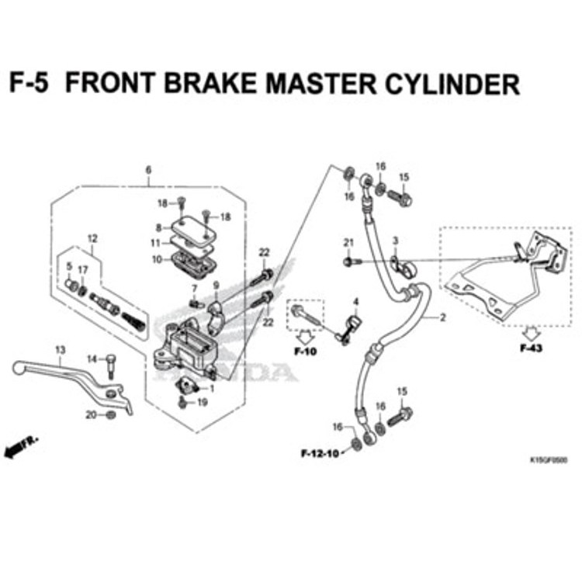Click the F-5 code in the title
29,83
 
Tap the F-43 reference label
531,348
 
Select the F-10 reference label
306,352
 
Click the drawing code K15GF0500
548,459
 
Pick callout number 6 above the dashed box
149,170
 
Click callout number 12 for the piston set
92,238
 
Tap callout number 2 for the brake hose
443,317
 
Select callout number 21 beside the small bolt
348,244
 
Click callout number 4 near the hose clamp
355,301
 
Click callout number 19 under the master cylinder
203,402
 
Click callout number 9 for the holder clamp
217,285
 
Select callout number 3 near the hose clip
394,241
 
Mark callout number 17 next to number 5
82,269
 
